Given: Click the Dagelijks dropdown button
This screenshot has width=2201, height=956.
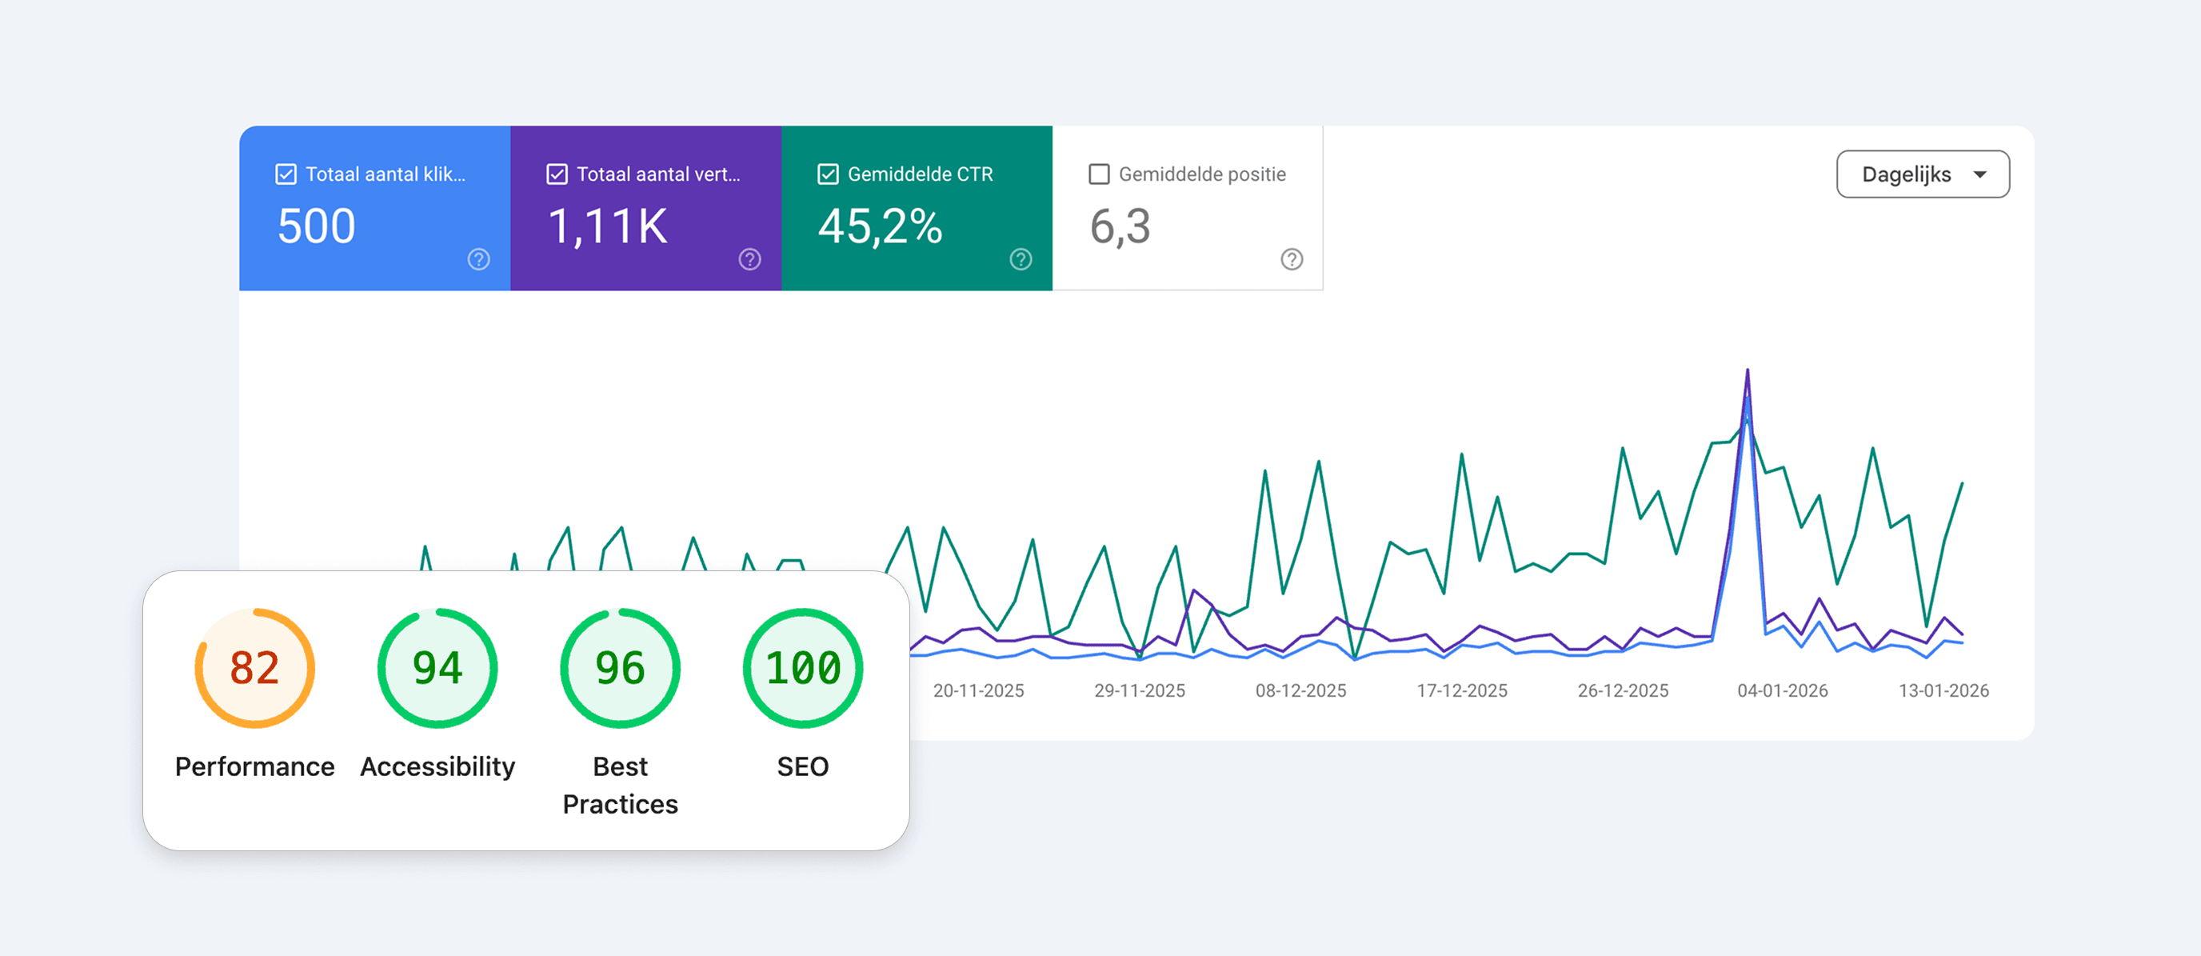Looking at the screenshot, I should [1923, 174].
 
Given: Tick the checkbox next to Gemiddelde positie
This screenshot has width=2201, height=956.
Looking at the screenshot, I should [1099, 174].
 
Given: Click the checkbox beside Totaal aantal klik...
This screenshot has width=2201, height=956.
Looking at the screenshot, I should [286, 174].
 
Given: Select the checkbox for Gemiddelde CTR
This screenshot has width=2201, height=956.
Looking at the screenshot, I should [827, 174].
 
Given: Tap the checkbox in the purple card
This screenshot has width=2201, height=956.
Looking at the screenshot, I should [556, 174].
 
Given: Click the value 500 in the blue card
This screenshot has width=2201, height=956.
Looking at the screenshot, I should [316, 226].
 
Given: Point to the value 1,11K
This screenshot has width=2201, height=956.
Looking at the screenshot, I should [607, 226].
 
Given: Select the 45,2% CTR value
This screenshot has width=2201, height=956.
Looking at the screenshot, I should [879, 226].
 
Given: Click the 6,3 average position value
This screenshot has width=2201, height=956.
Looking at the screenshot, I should [1120, 226].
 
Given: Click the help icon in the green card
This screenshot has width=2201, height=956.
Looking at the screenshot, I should [1021, 259].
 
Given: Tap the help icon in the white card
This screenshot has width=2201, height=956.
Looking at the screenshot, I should [1291, 259].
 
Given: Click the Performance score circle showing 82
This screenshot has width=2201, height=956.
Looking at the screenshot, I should [254, 668].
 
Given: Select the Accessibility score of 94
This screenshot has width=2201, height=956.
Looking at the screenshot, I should [437, 668].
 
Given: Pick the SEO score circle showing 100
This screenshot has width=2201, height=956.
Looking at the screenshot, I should [802, 668].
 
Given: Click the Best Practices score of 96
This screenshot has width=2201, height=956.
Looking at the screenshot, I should [621, 668].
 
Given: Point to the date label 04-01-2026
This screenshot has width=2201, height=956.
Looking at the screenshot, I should [1783, 690].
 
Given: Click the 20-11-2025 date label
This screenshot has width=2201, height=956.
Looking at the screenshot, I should [978, 690].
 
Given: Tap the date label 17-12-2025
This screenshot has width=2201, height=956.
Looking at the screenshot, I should [1461, 690].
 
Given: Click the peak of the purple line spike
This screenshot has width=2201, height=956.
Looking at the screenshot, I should [1748, 370].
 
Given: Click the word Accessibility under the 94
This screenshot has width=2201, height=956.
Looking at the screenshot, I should [437, 766].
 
